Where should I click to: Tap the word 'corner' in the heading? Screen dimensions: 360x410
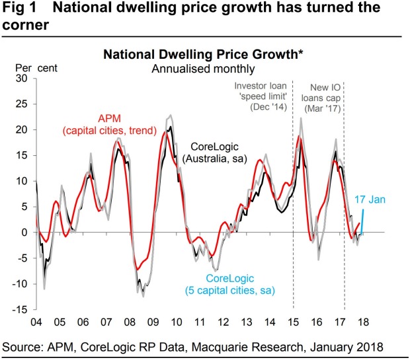[x=25, y=25]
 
